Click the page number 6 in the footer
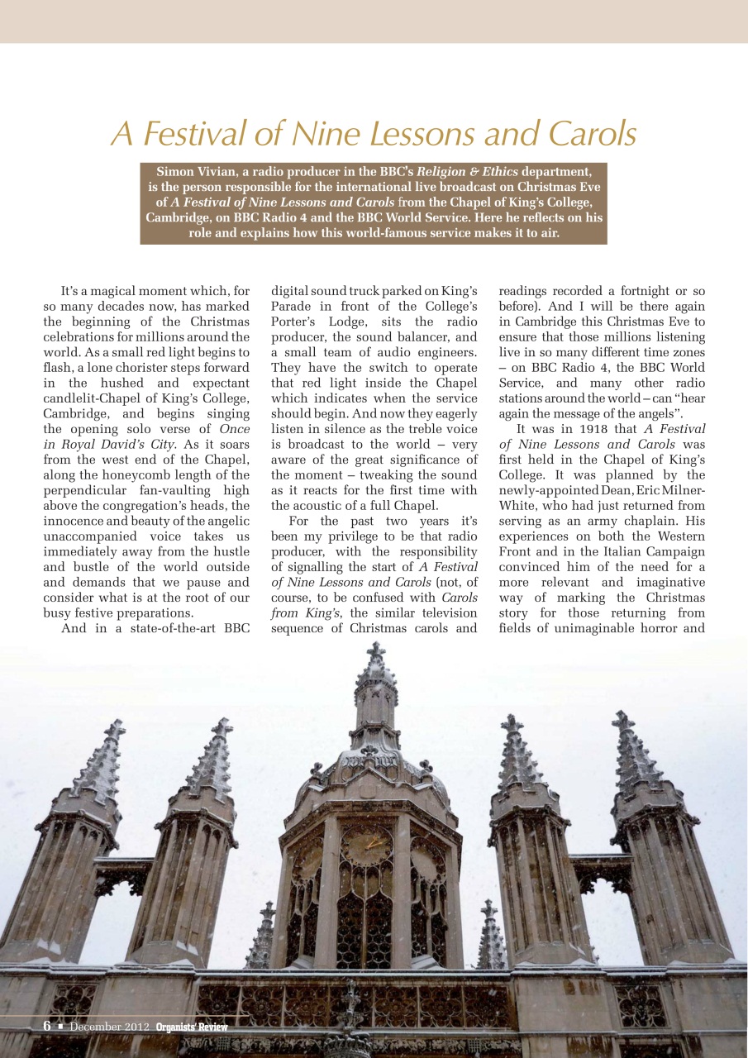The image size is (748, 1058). (x=47, y=1026)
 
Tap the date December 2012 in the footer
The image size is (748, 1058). (x=109, y=1027)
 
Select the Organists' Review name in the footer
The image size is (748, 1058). (x=192, y=1027)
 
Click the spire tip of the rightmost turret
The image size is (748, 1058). (x=622, y=717)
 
